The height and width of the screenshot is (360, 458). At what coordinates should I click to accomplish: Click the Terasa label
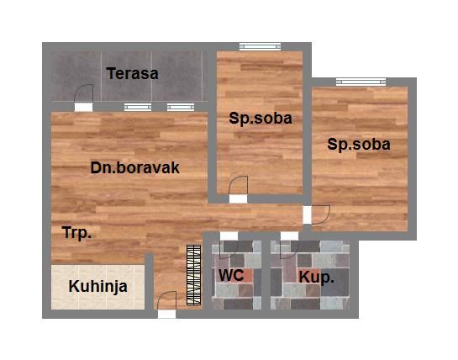132,73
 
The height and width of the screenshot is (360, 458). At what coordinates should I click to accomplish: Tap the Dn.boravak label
135,167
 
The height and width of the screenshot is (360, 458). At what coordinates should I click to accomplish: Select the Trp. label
76,232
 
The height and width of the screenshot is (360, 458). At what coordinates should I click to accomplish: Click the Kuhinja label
98,286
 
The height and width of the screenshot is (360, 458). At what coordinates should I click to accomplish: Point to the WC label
231,275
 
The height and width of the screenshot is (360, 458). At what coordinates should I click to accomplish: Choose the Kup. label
316,276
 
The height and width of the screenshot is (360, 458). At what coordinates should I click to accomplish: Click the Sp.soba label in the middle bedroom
261,119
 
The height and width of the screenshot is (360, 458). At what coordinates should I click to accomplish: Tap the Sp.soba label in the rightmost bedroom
359,145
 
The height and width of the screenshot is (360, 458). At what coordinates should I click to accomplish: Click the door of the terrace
82,98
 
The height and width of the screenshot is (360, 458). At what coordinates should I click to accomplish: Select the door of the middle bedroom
240,188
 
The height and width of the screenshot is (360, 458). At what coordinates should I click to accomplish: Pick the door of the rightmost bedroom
320,214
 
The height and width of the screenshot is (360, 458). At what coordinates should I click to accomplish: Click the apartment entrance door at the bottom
166,303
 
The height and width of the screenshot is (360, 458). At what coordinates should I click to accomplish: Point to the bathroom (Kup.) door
289,246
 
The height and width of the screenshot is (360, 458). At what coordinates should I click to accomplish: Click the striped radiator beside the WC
193,274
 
